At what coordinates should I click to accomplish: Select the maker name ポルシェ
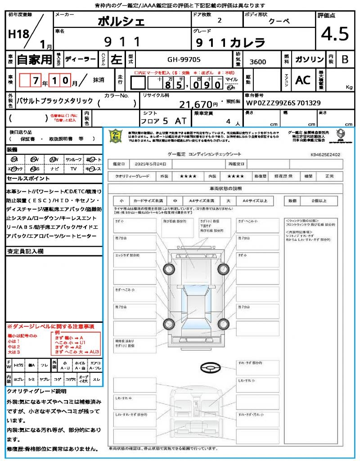[121, 21]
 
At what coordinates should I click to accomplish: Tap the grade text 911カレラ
[229, 43]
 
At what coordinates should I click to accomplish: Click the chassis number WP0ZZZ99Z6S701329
[283, 103]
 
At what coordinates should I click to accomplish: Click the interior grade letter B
[345, 60]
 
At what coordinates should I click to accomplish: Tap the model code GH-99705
[184, 59]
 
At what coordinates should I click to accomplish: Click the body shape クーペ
[279, 21]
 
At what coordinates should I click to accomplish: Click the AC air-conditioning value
[303, 80]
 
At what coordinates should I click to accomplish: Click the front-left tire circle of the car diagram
[169, 269]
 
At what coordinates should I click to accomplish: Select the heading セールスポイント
[27, 179]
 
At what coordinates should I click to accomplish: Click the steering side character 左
[116, 59]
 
